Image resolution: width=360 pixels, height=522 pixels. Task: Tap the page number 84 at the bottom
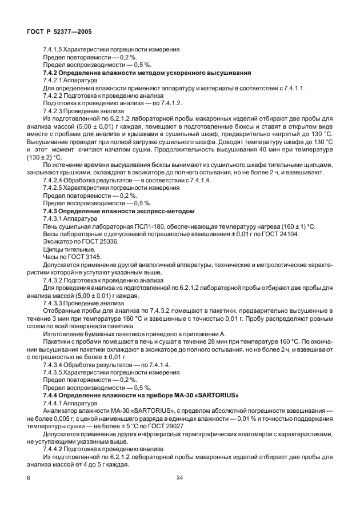(x=180, y=477)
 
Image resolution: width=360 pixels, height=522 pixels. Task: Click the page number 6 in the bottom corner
(x=28, y=477)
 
